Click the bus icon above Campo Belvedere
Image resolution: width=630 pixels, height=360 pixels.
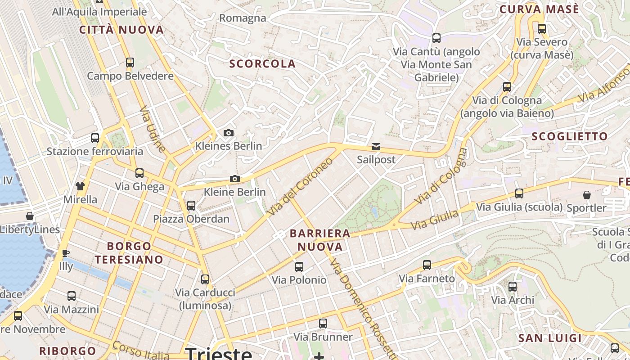130,63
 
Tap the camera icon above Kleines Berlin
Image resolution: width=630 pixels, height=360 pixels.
229,133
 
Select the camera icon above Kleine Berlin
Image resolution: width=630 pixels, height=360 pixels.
234,179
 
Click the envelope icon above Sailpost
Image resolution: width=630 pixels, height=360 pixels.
376,147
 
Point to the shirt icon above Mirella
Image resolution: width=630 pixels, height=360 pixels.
80,186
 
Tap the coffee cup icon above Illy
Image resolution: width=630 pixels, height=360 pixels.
66,253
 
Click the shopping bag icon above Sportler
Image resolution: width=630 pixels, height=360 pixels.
586,195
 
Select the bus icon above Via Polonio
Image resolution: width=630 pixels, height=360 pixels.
299,267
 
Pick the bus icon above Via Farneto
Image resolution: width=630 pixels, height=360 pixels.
427,265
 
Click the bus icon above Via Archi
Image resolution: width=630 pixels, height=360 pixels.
512,287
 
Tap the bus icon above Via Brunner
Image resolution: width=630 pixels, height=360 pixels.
323,324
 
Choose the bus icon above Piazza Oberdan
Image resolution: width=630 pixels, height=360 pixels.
191,206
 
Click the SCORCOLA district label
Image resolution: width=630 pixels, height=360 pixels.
262,64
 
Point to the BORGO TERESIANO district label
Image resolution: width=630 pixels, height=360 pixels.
129,253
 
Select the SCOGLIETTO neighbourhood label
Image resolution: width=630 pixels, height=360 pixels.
570,136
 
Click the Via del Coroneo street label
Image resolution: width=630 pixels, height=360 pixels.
299,186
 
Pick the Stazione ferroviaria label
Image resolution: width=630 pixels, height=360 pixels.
95,151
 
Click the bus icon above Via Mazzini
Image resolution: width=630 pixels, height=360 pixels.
72,296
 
